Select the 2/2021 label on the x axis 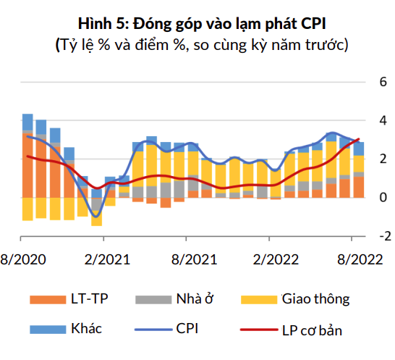coord(104,259)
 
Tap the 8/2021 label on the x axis coord(187,259)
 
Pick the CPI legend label coord(187,329)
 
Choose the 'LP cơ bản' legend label coord(312,330)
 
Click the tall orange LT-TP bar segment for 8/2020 coord(27,164)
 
